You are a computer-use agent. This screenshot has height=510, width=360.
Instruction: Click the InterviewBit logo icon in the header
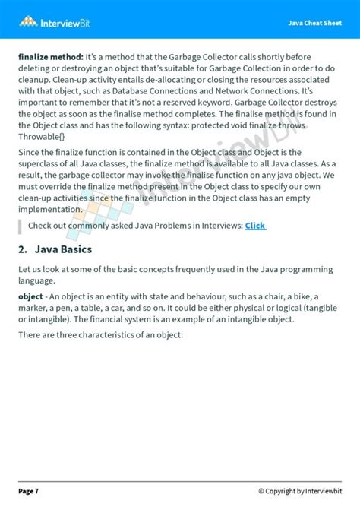click(29, 21)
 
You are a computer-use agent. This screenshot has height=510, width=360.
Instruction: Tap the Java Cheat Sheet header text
click(314, 23)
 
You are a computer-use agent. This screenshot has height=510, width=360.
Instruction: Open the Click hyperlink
click(255, 226)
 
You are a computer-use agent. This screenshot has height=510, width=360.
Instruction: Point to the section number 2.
click(23, 249)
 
